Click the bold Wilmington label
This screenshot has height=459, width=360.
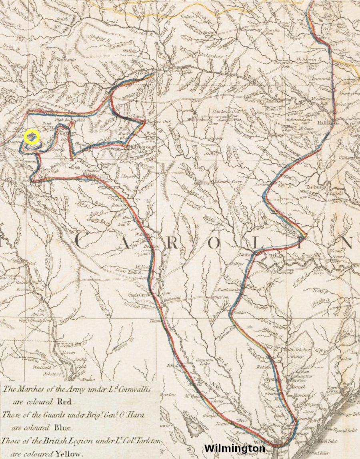pos(234,448)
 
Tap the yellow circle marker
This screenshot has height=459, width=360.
pos(32,137)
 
